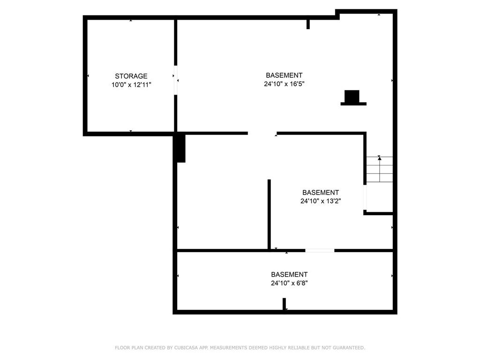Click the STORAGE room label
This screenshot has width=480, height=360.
[x=131, y=76]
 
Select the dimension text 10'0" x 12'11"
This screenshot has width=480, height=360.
[x=131, y=85]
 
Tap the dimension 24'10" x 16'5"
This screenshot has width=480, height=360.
[x=284, y=84]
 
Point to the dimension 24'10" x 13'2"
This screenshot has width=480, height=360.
[x=321, y=201]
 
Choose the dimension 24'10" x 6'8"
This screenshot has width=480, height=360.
[x=289, y=283]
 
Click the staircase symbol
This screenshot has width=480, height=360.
[x=379, y=169]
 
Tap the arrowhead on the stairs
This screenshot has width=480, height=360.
[x=379, y=159]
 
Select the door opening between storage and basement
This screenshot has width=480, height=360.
[x=176, y=80]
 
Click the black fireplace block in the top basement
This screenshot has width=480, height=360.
[x=352, y=97]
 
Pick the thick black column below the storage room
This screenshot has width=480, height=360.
[x=180, y=148]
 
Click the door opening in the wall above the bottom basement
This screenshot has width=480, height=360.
[x=320, y=250]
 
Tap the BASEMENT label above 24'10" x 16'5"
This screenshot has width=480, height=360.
[x=284, y=75]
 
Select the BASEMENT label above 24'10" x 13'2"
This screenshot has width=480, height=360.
[x=321, y=192]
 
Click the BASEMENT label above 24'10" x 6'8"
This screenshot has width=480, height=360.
[x=289, y=274]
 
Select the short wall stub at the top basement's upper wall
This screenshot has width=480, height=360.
[x=308, y=24]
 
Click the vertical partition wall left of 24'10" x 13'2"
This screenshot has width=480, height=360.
[x=269, y=214]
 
